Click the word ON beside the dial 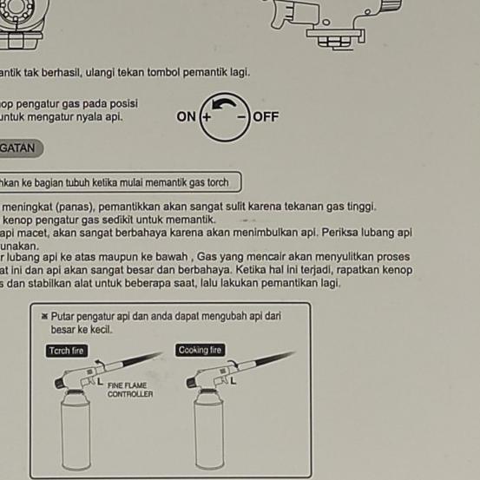point(187,116)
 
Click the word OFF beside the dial point(266,116)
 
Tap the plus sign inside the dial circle point(206,116)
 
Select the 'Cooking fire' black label point(200,350)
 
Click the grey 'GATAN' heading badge point(18,148)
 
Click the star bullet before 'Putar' point(44,318)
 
